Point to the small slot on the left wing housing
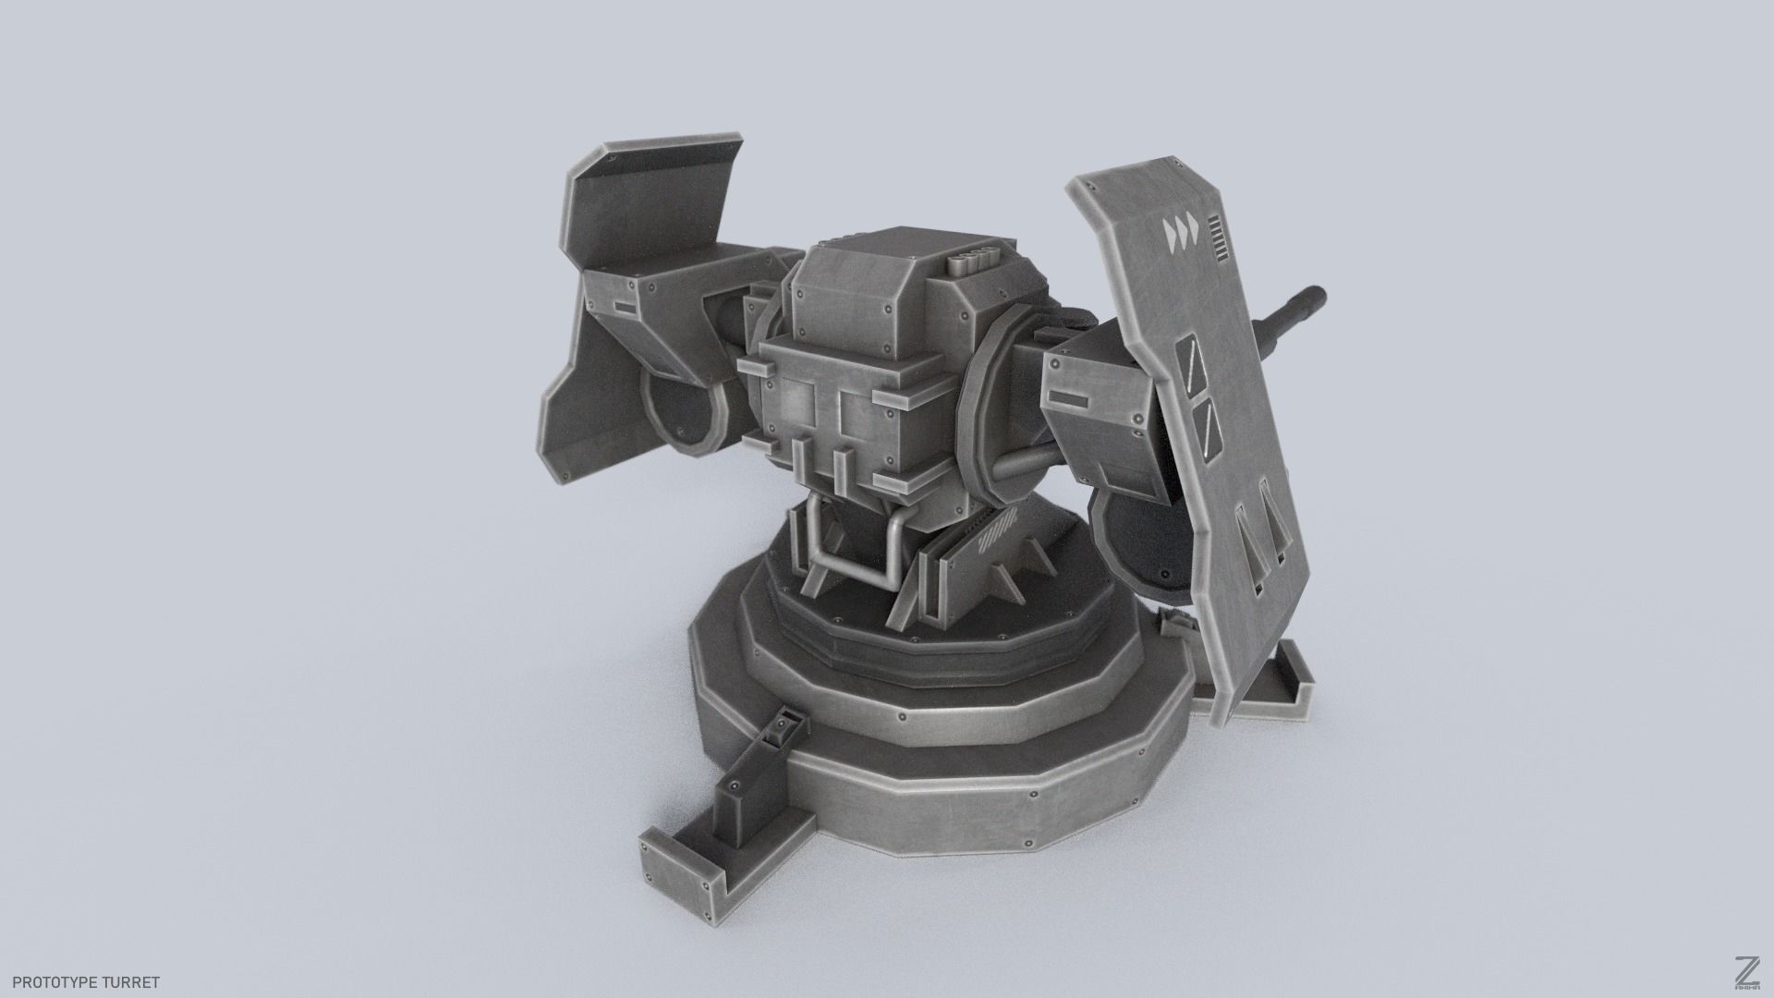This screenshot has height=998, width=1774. click(624, 309)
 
